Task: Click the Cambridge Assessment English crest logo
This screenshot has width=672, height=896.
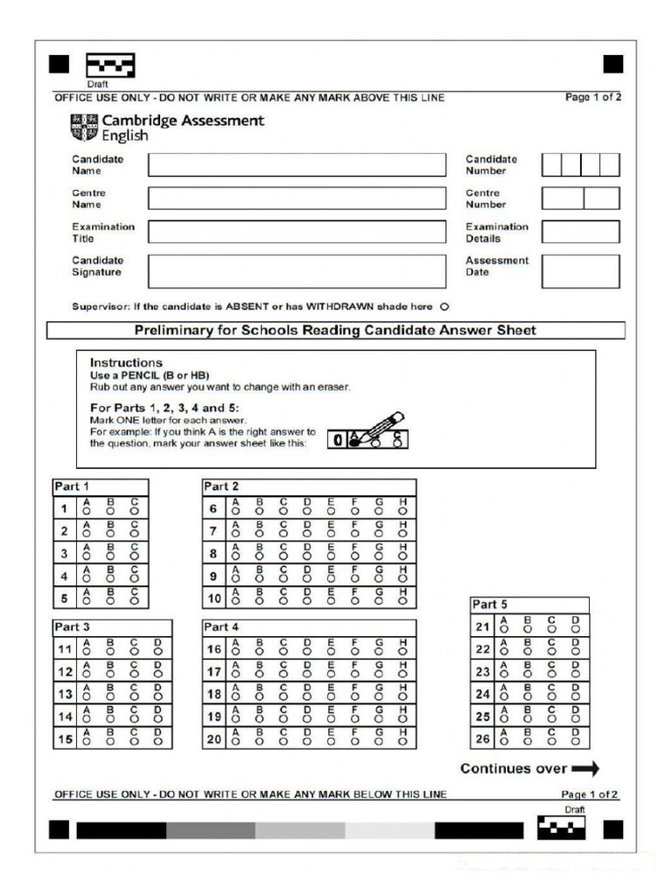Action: pos(84,128)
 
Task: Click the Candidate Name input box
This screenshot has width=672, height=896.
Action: pos(296,164)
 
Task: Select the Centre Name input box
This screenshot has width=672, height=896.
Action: pos(296,198)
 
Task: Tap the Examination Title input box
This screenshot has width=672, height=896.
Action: pos(296,232)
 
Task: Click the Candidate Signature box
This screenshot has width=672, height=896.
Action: pos(296,271)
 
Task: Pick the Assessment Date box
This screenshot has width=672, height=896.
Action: pos(580,271)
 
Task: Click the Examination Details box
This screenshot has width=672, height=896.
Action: pos(580,232)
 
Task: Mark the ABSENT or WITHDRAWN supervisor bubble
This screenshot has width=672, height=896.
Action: pos(444,307)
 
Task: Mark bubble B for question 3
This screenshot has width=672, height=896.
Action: pos(110,556)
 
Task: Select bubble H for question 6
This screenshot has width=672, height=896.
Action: pos(402,511)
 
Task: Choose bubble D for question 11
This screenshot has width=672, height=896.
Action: pos(157,654)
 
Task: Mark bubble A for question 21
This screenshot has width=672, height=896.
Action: pos(504,630)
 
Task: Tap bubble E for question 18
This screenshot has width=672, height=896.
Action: pos(331,698)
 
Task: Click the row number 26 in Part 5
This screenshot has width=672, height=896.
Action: pos(482,739)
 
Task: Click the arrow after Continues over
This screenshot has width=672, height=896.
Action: pos(585,769)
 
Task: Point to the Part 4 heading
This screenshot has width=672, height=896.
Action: pos(220,627)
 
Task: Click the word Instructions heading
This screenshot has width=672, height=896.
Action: pos(126,362)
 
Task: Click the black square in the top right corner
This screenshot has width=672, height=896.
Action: pos(613,64)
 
